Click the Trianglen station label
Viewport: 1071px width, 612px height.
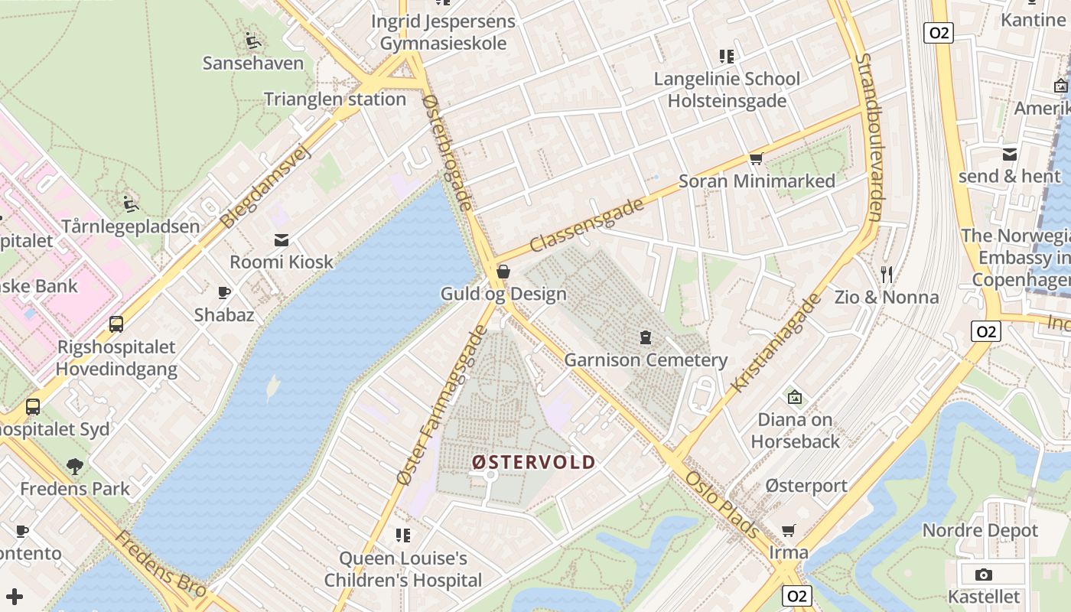[x=335, y=99]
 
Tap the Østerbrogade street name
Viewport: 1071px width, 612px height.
[x=448, y=153]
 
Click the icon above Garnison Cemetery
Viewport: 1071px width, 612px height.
[x=646, y=337]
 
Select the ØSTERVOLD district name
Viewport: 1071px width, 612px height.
[x=533, y=462]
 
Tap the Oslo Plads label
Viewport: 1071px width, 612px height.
[x=722, y=505]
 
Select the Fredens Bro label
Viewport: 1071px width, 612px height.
[x=160, y=565]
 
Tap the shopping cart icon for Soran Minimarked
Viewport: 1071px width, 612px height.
[x=757, y=158]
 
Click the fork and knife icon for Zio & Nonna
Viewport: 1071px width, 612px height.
[x=887, y=274]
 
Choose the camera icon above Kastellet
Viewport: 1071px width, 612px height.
[x=984, y=575]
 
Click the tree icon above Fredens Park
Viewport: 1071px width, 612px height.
[x=74, y=466]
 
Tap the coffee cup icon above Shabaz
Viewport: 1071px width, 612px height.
[x=224, y=292]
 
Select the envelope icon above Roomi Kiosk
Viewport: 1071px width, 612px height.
[x=282, y=239]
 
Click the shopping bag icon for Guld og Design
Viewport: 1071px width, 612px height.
[x=503, y=272]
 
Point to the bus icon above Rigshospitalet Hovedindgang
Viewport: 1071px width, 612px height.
[x=116, y=324]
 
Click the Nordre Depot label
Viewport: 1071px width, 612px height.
[x=980, y=530]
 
